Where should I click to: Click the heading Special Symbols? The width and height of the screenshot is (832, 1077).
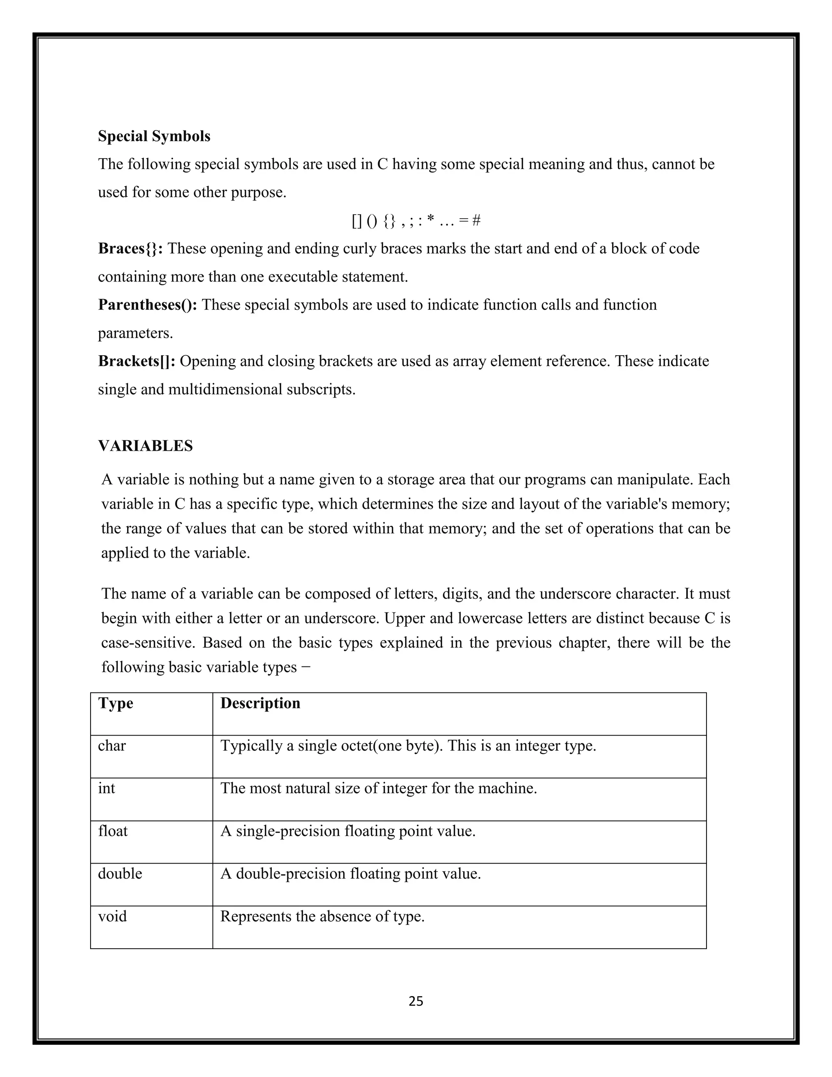click(154, 136)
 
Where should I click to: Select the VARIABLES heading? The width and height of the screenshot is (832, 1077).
click(145, 446)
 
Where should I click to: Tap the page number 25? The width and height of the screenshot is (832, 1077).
click(416, 1001)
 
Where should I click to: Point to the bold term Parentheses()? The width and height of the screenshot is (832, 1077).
click(147, 305)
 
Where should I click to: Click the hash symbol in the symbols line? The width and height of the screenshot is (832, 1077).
click(476, 220)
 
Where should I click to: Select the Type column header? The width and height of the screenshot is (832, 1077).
click(115, 703)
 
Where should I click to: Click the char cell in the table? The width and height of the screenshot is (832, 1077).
click(111, 746)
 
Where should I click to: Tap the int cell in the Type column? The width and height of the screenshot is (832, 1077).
click(106, 788)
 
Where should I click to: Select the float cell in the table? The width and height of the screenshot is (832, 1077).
click(113, 831)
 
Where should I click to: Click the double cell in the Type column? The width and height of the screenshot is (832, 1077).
click(120, 873)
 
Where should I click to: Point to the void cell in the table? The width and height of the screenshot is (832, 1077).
click(113, 916)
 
